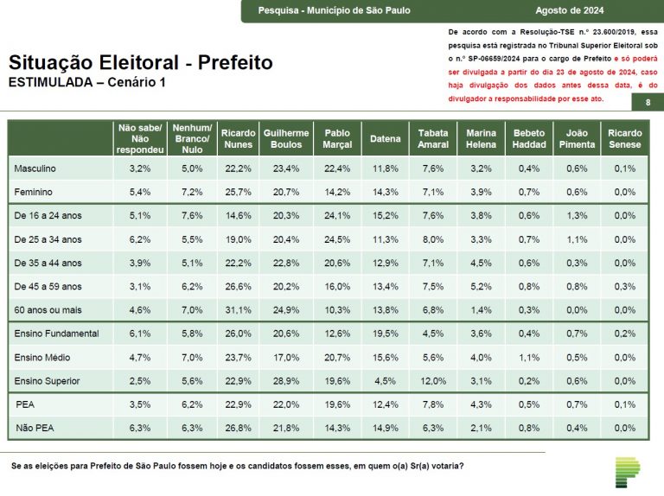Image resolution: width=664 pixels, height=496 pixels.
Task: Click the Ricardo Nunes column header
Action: pyautogui.click(x=238, y=138)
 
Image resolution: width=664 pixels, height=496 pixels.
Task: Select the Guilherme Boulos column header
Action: pyautogui.click(x=285, y=138)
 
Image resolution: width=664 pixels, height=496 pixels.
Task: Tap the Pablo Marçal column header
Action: pyautogui.click(x=337, y=138)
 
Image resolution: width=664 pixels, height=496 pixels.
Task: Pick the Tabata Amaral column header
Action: pyautogui.click(x=433, y=138)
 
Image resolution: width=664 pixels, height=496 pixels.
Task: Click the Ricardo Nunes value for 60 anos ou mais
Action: pyautogui.click(x=238, y=309)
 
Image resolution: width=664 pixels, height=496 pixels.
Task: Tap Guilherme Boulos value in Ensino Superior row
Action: pyautogui.click(x=285, y=380)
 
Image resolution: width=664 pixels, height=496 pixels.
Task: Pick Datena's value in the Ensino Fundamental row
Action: pyautogui.click(x=385, y=334)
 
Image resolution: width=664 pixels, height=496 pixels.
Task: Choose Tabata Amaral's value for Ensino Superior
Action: pyautogui.click(x=433, y=380)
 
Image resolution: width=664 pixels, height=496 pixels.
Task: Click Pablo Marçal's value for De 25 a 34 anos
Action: pyautogui.click(x=337, y=238)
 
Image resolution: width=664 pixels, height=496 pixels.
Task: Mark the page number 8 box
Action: pyautogui.click(x=648, y=103)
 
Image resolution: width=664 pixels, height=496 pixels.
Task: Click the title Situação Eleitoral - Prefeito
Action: pyautogui.click(x=140, y=63)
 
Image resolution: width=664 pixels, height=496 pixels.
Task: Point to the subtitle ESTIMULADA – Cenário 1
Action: pyautogui.click(x=86, y=82)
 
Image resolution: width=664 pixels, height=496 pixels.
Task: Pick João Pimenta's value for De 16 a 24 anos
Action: pyautogui.click(x=577, y=215)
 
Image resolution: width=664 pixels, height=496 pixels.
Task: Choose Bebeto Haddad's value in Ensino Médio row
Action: pyautogui.click(x=529, y=357)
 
